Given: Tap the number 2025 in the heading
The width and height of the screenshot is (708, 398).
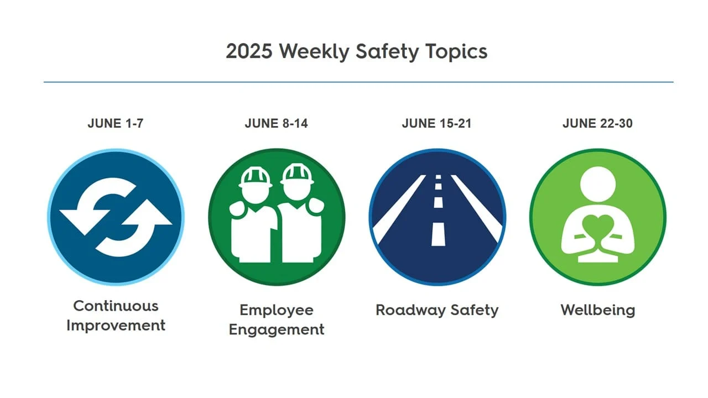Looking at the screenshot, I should pos(249,51).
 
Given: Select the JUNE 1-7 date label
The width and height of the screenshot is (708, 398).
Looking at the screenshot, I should pos(115,124).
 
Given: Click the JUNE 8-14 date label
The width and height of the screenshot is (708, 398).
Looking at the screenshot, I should pos(276,124).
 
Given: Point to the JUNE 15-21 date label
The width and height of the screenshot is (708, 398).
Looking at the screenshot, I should pos(436,124).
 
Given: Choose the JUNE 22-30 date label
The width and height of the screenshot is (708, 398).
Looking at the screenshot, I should pos(597,124).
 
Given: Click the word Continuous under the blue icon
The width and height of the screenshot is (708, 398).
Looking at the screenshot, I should pos(116,306).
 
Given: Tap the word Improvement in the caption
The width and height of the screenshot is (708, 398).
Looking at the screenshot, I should pos(116,325).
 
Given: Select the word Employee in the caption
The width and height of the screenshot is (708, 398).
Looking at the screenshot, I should pos(276,310).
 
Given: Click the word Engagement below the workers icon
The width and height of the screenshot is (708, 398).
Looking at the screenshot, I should pos(276,329).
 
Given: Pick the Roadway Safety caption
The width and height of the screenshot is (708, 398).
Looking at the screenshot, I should pos(437,310).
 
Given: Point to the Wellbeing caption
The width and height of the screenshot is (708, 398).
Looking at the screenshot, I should pos(597,310).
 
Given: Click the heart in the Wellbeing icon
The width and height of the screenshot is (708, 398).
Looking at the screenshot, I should pos(597,227).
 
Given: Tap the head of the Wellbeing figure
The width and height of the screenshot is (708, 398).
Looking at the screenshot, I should pos(597,184).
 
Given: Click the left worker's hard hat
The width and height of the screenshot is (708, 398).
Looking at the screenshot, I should pos(256,176).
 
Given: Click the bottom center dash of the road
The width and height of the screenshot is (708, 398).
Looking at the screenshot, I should pos(438,233).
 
